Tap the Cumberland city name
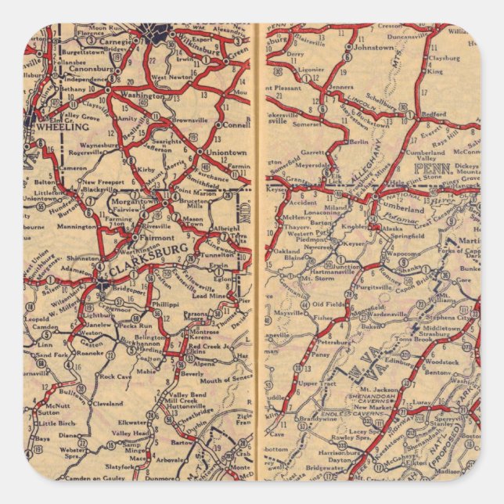point(427,210)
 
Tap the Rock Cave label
point(116,376)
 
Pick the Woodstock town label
point(442,362)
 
